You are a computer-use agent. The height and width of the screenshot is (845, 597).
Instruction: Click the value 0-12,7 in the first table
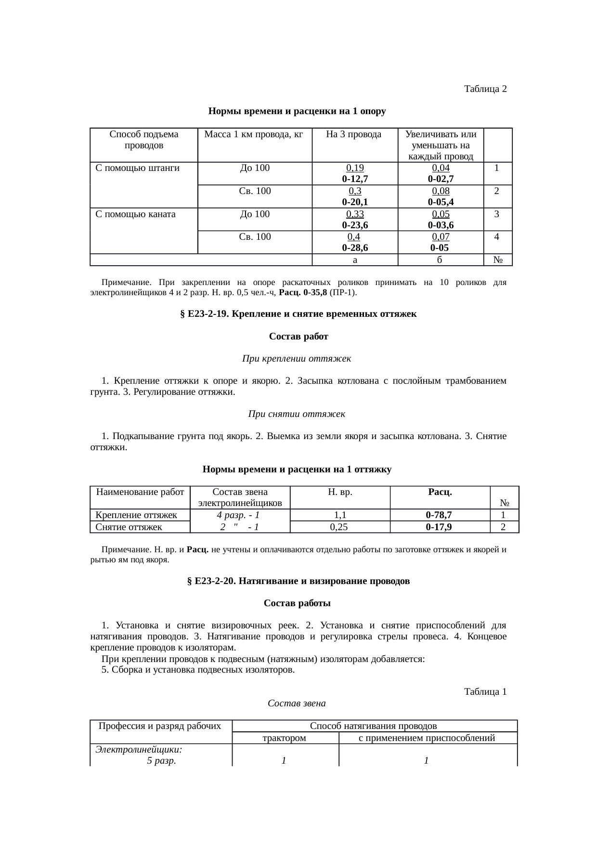coord(355,179)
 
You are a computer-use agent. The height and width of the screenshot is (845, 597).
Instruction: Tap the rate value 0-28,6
coord(355,248)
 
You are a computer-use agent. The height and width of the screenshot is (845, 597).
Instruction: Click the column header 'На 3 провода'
coord(354,134)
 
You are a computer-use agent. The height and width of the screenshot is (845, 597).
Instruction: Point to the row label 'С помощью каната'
coord(136,214)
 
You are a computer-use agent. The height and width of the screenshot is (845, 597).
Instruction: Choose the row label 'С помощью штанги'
coord(138,168)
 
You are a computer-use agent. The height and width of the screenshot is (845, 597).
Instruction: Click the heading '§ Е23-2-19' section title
coord(298,314)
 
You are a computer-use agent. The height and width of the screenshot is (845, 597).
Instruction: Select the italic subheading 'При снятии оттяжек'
coord(297,414)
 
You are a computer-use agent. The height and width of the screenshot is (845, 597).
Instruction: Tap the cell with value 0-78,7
coord(439,515)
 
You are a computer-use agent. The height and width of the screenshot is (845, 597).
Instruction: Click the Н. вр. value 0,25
coord(339,527)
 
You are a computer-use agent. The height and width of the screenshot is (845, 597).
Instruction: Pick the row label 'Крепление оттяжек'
coord(136,515)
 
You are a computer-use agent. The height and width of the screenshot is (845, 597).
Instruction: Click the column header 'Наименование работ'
coord(140,492)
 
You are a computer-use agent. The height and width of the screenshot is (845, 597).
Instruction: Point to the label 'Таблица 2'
coord(485,89)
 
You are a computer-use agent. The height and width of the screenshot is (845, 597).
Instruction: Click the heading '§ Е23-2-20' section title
coord(298,581)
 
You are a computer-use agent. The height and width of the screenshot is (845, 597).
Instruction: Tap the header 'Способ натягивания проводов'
coord(373,726)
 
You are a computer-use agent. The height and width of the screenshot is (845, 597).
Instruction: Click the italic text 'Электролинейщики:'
coord(139,749)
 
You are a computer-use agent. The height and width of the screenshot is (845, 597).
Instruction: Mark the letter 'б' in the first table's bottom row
coord(440,260)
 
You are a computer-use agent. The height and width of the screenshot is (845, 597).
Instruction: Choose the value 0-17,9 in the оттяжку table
coord(439,527)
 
